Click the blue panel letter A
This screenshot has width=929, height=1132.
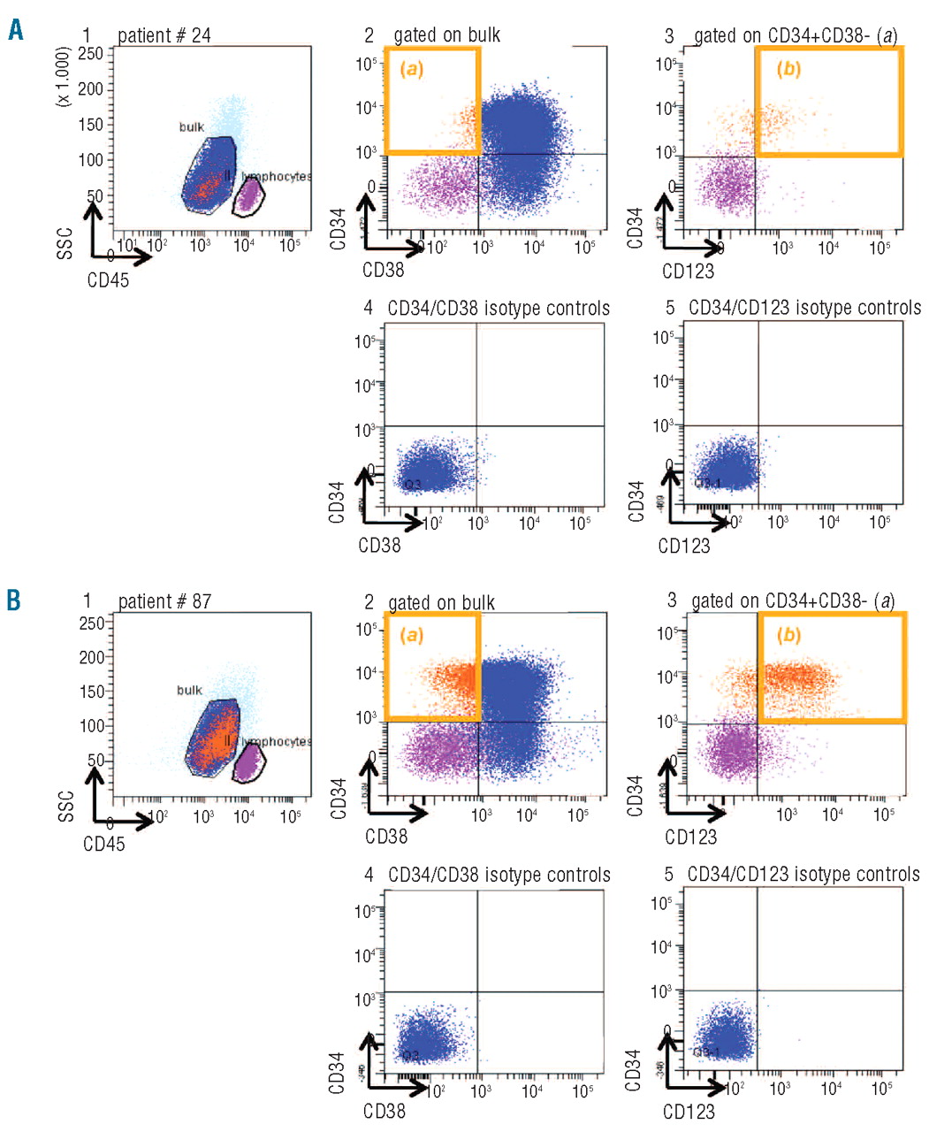click(15, 31)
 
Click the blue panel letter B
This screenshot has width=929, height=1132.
click(14, 600)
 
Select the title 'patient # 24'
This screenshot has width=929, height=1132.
click(164, 35)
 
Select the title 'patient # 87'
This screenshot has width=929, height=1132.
click(165, 601)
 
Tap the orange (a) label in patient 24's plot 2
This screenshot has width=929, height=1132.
click(411, 68)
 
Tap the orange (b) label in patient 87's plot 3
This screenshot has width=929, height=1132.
click(788, 635)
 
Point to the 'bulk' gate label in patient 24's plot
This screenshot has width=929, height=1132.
click(191, 127)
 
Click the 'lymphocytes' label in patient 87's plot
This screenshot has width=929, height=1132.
click(276, 742)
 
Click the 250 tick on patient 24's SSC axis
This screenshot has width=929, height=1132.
click(91, 53)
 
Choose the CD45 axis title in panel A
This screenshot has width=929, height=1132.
click(108, 281)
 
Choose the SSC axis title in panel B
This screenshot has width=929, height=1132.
click(65, 806)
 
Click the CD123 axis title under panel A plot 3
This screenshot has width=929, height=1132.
click(688, 272)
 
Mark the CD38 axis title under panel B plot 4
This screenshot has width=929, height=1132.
click(385, 1111)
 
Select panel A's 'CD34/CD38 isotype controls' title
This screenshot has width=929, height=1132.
click(499, 309)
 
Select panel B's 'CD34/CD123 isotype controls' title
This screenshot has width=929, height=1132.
click(803, 875)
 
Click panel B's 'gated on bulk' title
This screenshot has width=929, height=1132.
click(442, 603)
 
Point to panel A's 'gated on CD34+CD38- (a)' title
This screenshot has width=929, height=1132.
click(795, 36)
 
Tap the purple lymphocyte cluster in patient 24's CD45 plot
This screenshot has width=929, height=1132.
click(248, 194)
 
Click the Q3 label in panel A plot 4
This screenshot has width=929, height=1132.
click(412, 484)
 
